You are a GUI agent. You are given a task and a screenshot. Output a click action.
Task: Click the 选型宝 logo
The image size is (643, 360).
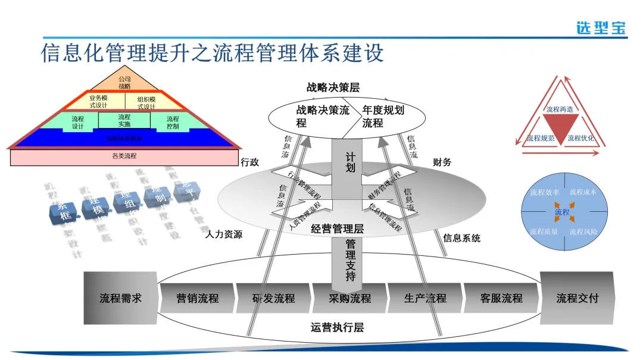(x=601, y=27)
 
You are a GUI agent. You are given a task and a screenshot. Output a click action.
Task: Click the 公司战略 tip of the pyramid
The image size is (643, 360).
(x=124, y=82)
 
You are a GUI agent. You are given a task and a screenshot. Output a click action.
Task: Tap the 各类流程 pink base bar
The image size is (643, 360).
(x=124, y=156)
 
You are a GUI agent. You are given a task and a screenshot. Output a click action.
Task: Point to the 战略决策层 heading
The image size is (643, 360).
(x=333, y=87)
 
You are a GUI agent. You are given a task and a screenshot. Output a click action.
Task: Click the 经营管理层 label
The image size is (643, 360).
(x=337, y=228)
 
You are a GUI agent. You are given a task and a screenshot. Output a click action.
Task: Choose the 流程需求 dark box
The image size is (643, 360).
(x=120, y=298)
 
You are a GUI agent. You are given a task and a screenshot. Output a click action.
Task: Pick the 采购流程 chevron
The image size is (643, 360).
(x=350, y=298)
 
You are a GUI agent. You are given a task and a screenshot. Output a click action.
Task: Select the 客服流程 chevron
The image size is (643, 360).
(x=501, y=298)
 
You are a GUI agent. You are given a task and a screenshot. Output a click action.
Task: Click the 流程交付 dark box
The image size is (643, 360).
(x=577, y=298)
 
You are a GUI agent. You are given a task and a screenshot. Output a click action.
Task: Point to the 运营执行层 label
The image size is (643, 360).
(x=337, y=327)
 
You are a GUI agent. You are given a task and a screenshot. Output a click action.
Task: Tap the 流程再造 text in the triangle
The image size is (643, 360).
(x=560, y=109)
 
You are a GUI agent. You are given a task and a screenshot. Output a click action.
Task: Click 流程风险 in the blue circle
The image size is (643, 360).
(x=583, y=231)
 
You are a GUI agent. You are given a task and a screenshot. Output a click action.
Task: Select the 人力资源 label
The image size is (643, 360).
(x=224, y=234)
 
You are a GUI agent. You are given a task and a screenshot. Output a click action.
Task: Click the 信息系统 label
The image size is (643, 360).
(x=461, y=239)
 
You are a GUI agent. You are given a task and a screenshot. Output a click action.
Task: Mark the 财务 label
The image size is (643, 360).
(x=442, y=162)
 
